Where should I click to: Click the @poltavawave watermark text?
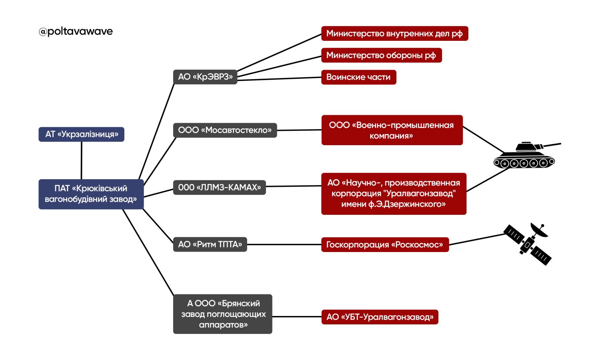[76, 31]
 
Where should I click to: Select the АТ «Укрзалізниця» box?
[81, 134]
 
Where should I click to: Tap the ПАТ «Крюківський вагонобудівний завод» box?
[91, 194]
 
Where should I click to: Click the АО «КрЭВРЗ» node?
[205, 77]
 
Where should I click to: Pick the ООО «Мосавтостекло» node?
[225, 130]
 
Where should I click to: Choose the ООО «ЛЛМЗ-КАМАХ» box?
[219, 187]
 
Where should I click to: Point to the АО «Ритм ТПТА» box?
[210, 244]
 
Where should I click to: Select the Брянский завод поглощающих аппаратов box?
[223, 314]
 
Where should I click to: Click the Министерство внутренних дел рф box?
[394, 34]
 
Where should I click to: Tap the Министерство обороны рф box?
[381, 55]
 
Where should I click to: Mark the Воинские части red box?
[358, 77]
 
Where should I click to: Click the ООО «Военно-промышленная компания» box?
[392, 130]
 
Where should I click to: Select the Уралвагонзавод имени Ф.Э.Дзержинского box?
[394, 194]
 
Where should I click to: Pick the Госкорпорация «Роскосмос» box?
[385, 244]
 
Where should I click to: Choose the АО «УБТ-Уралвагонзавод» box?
[380, 317]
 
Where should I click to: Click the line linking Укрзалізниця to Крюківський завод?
[82, 160]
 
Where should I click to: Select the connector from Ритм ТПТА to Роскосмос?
[284, 244]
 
